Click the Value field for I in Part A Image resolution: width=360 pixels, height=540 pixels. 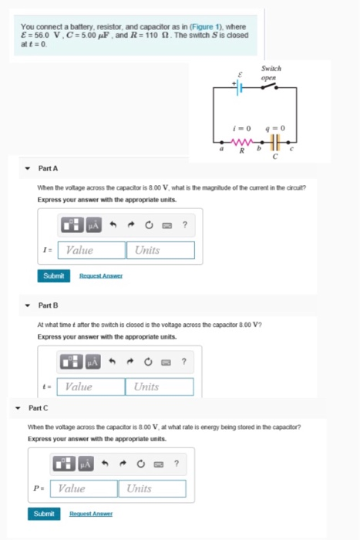[x=93, y=250]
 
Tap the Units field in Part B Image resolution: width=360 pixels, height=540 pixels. [x=161, y=386]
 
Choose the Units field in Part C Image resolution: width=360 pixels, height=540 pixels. [x=153, y=488]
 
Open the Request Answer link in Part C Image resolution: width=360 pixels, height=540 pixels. [x=91, y=514]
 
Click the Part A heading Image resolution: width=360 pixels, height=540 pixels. [x=48, y=168]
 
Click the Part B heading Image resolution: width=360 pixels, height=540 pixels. [x=48, y=305]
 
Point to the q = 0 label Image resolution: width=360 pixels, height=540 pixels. [x=275, y=127]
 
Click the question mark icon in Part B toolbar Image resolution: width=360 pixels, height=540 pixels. [x=182, y=361]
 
